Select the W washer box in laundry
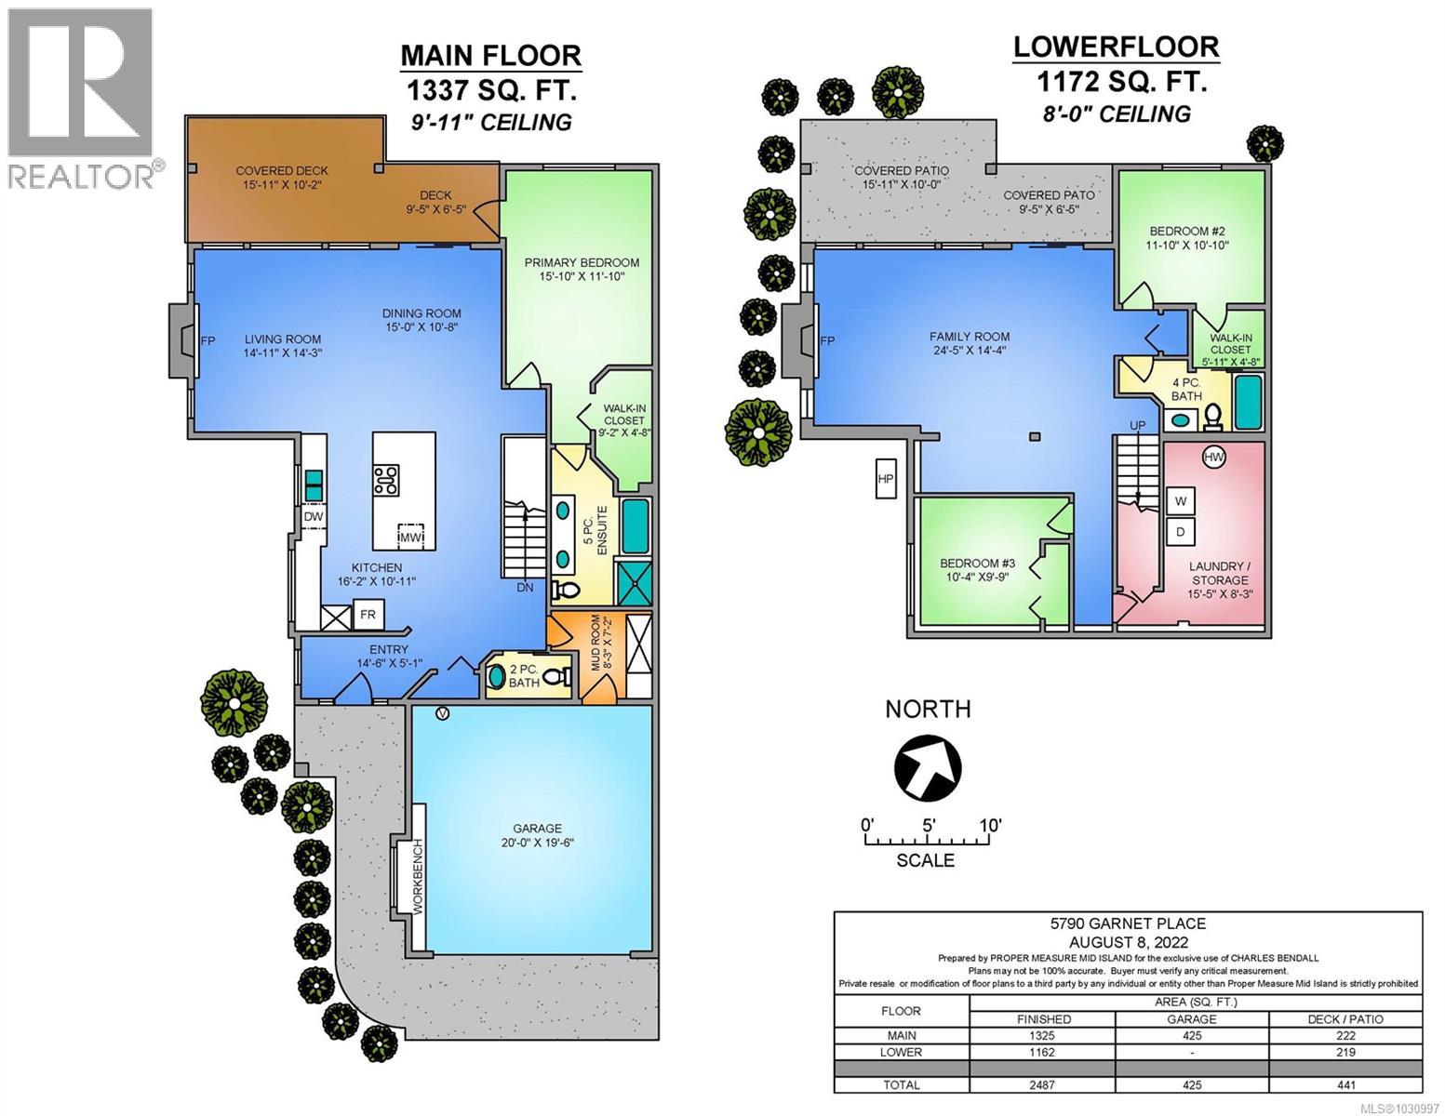point(1181,500)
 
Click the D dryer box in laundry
point(1181,532)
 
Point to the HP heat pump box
point(885,479)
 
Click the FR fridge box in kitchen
point(368,615)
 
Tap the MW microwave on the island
point(409,537)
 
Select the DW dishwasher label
point(313,517)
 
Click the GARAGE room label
point(537,829)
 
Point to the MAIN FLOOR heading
point(490,56)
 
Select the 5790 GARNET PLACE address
point(1128,923)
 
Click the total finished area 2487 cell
point(1043,1084)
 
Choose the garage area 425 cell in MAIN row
point(1192,1035)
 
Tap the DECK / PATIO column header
point(1345,1018)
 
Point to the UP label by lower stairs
point(1137,425)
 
